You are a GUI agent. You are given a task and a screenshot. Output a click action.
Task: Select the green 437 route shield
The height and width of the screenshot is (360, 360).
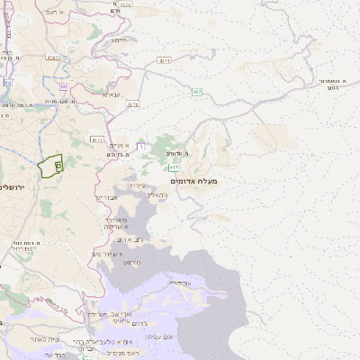pyautogui.click(x=195, y=92)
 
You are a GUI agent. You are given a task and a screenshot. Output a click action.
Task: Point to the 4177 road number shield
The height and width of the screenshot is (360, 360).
pyautogui.click(x=97, y=139)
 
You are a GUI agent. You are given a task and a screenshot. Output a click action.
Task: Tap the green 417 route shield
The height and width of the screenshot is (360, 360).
pyautogui.click(x=173, y=167)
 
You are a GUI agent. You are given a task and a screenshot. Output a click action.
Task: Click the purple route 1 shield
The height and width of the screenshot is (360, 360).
pyautogui.click(x=141, y=146)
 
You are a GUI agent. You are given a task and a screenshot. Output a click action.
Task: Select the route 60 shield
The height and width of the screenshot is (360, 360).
pyautogui.click(x=64, y=86)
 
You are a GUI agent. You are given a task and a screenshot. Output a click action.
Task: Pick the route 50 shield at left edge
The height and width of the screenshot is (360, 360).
pyautogui.click(x=6, y=83)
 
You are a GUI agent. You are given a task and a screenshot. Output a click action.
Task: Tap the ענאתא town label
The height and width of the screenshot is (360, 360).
pyautogui.click(x=112, y=94)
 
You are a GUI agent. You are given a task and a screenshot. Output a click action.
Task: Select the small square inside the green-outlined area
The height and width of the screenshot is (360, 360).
pyautogui.click(x=58, y=166)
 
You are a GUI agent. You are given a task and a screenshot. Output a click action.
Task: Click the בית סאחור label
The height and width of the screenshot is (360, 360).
pyautogui.click(x=42, y=339)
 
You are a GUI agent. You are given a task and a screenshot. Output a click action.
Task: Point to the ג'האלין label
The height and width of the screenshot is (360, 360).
pyautogui.click(x=157, y=194)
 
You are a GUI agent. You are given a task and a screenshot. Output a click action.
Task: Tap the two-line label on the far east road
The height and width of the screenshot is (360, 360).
pyautogui.click(x=334, y=84)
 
